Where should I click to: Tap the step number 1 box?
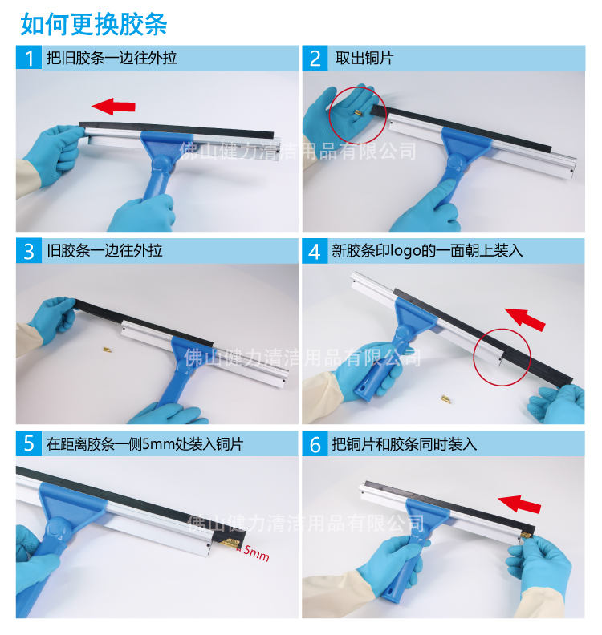click(x=29, y=59)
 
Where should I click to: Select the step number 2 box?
click(x=315, y=59)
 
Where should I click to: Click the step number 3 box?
click(x=29, y=251)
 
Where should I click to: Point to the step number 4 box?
click(x=315, y=251)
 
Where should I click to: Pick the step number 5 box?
click(x=29, y=443)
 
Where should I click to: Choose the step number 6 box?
click(x=315, y=443)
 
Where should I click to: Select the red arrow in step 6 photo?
click(x=519, y=504)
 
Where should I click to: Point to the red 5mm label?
click(x=256, y=552)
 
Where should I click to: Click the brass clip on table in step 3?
click(x=105, y=350)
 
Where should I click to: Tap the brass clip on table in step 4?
click(x=441, y=398)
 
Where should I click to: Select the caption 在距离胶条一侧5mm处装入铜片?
click(x=144, y=443)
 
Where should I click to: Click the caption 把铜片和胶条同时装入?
click(x=405, y=443)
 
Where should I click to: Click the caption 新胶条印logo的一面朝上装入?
click(x=428, y=251)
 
